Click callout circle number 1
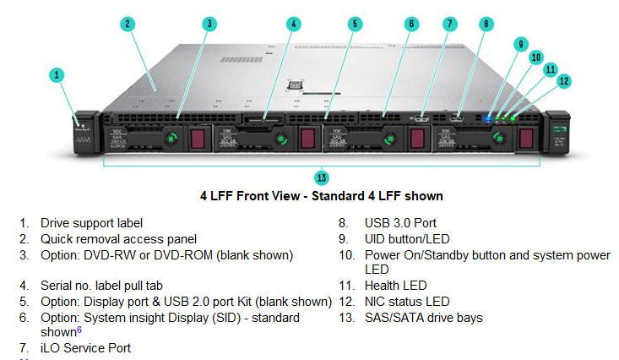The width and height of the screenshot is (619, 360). click(57, 75)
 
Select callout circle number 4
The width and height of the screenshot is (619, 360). click(293, 24)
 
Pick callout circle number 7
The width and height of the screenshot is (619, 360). click(449, 24)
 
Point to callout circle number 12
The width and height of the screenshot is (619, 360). click(564, 81)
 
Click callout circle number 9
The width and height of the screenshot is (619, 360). click(521, 44)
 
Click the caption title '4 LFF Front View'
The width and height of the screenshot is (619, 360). click(321, 196)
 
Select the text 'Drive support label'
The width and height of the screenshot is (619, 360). click(91, 223)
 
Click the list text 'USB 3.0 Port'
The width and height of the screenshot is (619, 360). click(401, 223)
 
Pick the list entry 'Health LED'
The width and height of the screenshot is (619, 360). click(395, 286)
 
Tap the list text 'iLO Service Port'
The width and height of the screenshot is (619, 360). click(85, 347)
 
